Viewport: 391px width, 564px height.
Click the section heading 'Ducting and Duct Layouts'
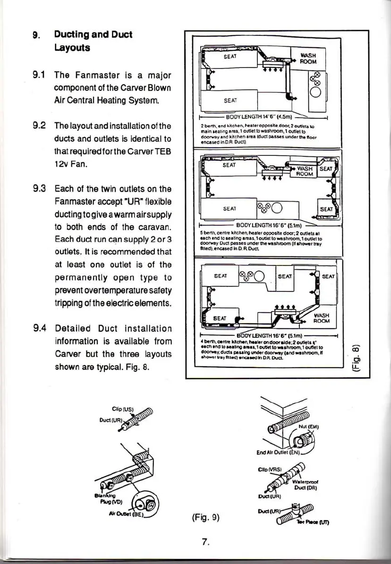[x=93, y=41]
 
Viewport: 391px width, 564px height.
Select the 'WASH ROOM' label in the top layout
[x=309, y=58]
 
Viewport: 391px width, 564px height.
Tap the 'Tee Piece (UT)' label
[x=323, y=524]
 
